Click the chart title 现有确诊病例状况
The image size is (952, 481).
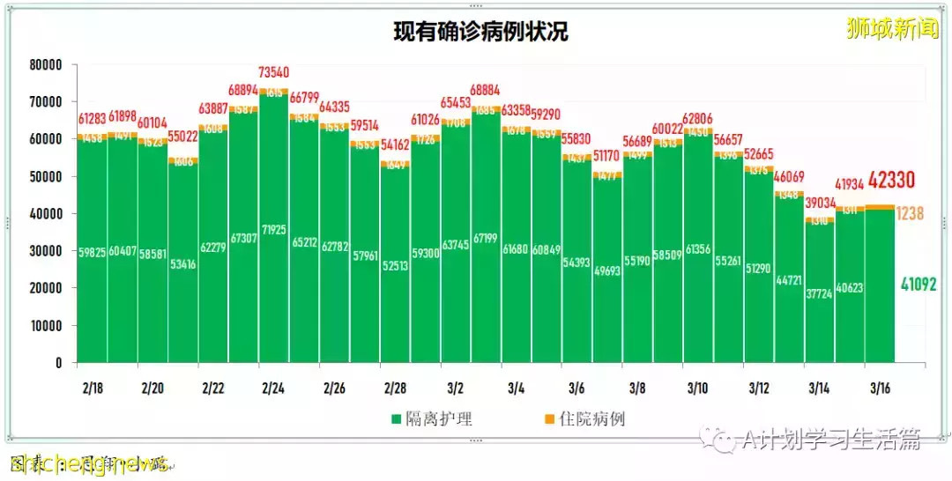pyautogui.click(x=480, y=33)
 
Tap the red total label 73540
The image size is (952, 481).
pyautogui.click(x=274, y=72)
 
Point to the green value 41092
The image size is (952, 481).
pyautogui.click(x=918, y=284)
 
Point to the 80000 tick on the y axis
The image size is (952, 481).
pyautogui.click(x=45, y=65)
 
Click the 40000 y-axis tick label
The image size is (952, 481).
pyautogui.click(x=45, y=214)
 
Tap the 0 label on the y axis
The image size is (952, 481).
pyautogui.click(x=58, y=363)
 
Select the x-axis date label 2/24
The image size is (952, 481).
pyautogui.click(x=272, y=388)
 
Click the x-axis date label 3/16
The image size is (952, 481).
pyautogui.click(x=879, y=388)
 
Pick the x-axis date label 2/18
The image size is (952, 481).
pyautogui.click(x=91, y=388)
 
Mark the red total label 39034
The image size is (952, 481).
pyautogui.click(x=819, y=203)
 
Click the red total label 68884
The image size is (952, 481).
pyautogui.click(x=486, y=91)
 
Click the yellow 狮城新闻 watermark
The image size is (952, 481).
pyautogui.click(x=891, y=29)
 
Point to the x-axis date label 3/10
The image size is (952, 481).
pyautogui.click(x=697, y=388)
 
